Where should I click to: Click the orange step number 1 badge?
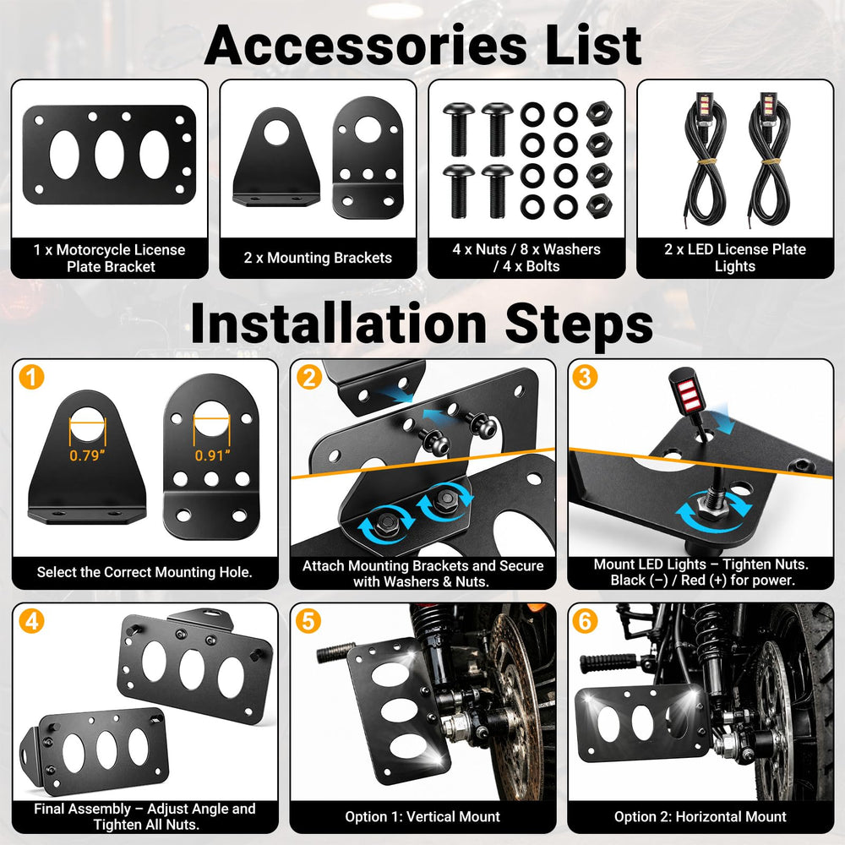[31, 377]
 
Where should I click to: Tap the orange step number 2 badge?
[308, 377]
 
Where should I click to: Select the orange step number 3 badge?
[585, 377]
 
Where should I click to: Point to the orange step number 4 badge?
[31, 621]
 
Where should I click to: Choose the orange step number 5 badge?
[308, 621]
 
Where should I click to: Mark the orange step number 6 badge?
[585, 621]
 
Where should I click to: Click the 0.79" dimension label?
[87, 456]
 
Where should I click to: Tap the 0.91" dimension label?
[212, 456]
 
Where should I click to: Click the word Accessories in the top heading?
[366, 46]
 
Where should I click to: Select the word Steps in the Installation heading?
[578, 324]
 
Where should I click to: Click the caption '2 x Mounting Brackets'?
[318, 258]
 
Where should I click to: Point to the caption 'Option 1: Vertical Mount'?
[422, 816]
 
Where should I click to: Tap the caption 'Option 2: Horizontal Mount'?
[700, 816]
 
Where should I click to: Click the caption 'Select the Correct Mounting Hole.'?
[144, 572]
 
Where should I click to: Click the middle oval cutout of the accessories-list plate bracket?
[109, 155]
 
